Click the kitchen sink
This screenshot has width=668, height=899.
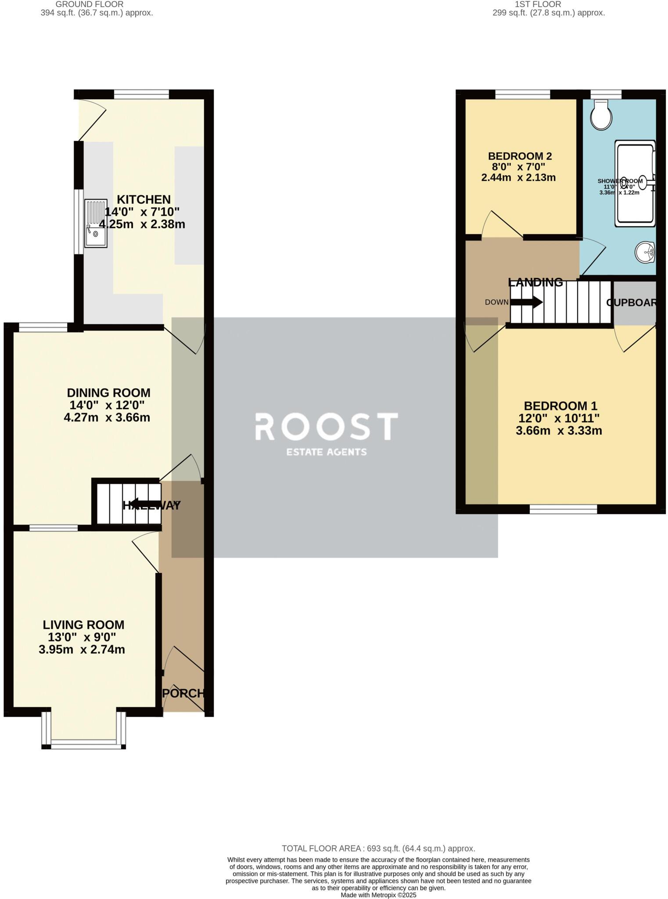click(x=96, y=223)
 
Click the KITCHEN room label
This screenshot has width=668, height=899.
click(x=144, y=200)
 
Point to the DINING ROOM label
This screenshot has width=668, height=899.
click(x=108, y=392)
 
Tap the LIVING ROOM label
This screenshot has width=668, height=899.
click(x=83, y=625)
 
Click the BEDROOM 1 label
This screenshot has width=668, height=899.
click(x=560, y=406)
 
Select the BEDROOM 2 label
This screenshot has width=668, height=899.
click(x=520, y=156)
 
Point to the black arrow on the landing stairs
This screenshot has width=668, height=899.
click(x=526, y=302)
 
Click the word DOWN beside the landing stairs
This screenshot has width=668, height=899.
click(x=496, y=302)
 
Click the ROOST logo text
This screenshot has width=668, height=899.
click(x=327, y=427)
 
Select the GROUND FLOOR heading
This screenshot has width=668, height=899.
click(x=90, y=4)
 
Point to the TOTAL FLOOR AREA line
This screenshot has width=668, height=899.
click(x=378, y=849)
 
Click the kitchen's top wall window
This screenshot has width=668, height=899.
click(x=141, y=94)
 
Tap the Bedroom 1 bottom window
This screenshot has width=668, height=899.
click(x=563, y=509)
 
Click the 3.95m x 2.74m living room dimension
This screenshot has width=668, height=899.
click(x=82, y=650)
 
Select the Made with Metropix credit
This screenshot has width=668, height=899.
click(x=378, y=895)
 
